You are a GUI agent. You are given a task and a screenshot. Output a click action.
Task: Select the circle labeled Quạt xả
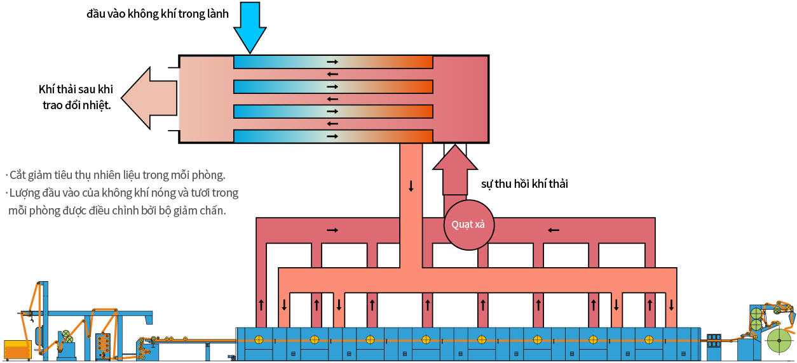coord(468,224)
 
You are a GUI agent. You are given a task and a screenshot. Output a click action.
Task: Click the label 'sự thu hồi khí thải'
coord(524,184)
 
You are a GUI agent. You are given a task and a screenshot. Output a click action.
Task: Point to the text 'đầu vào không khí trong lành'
coord(157,13)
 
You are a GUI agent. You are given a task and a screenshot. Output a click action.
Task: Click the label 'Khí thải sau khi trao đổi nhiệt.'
coord(76,97)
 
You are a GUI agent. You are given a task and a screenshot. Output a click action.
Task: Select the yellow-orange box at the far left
coord(17,349)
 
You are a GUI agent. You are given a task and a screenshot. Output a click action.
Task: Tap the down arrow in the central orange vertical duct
coord(411,186)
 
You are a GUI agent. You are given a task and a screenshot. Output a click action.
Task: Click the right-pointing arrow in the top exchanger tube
coord(332,62)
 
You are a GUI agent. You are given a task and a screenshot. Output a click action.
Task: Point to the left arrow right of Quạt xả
coord(554,229)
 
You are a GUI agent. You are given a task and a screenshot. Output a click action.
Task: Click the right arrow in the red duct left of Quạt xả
coord(332,229)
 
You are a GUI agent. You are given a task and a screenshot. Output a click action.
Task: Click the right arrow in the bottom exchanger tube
coord(332,136)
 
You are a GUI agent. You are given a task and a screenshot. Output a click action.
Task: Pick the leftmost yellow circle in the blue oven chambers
coord(258,338)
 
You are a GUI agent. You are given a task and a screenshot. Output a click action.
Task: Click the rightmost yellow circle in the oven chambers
coord(649,338)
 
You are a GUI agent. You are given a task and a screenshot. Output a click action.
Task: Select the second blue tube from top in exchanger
coord(333,86)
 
